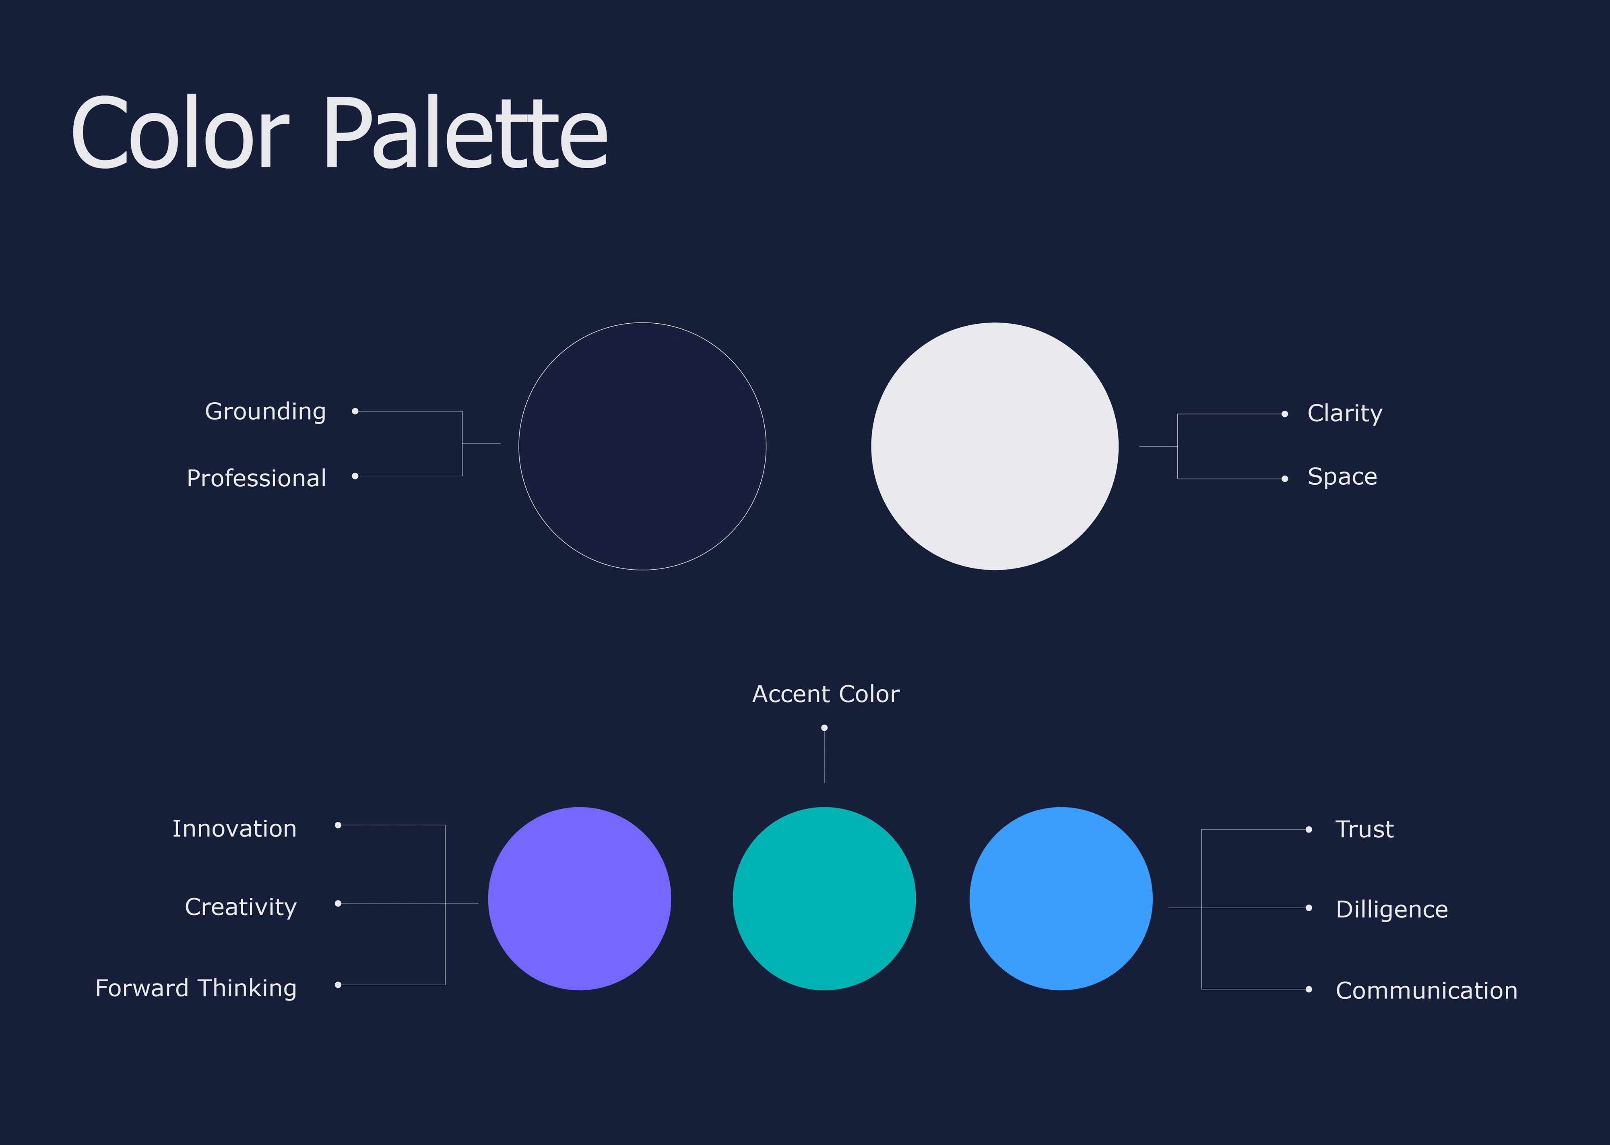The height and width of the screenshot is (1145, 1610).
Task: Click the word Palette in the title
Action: tap(465, 132)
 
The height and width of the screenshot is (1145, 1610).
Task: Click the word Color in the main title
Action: tap(180, 132)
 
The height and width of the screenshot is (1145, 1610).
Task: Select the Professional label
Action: tap(256, 478)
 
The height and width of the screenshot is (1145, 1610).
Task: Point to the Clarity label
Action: tap(1345, 413)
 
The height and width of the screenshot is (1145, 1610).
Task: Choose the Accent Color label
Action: tap(826, 694)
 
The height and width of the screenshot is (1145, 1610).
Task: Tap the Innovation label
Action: tap(235, 829)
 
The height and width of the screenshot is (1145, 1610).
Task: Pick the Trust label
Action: tap(1365, 829)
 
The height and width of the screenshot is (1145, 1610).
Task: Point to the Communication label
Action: tap(1427, 990)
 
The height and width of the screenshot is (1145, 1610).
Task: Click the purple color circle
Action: tap(580, 899)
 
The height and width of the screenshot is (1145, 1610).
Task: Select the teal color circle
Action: tap(824, 899)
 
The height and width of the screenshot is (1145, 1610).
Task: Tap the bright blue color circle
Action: tap(1061, 899)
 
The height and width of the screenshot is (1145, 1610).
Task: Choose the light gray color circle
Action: tap(995, 446)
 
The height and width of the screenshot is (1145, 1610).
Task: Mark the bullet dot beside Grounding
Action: tap(355, 411)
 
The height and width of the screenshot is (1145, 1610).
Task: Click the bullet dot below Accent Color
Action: tap(824, 728)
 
